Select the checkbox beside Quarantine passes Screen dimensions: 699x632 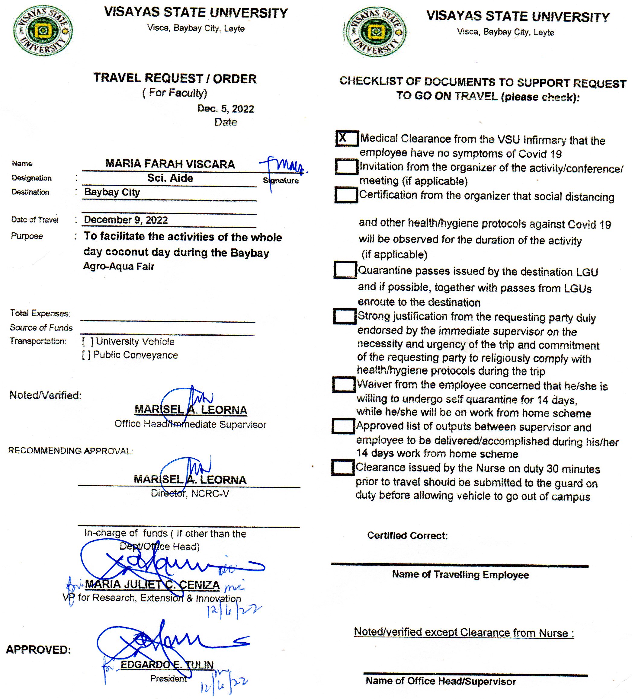[x=345, y=270]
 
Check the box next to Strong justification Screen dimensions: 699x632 [x=345, y=316]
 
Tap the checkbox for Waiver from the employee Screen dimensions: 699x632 [x=343, y=384]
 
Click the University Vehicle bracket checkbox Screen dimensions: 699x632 [x=87, y=342]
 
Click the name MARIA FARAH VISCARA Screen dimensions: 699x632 [x=170, y=164]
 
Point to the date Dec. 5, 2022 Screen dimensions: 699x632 [x=226, y=109]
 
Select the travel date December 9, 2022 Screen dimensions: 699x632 [x=126, y=220]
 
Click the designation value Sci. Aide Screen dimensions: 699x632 [x=170, y=178]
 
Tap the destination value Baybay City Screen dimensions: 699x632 [x=112, y=192]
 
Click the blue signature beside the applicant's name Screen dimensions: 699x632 [x=283, y=166]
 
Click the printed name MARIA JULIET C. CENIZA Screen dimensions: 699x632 [x=152, y=585]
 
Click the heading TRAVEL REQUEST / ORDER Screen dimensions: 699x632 [x=175, y=78]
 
